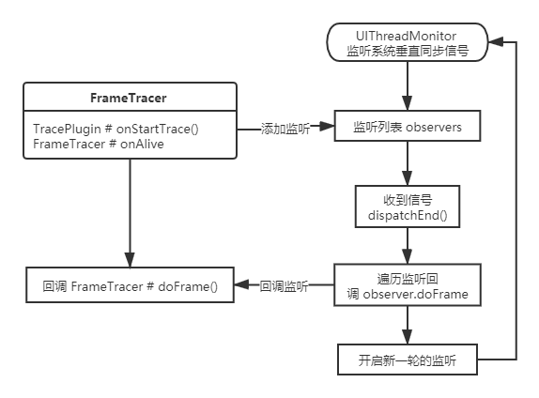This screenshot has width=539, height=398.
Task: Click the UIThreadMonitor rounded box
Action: pos(408,42)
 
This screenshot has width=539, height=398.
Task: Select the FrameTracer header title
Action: pos(130,97)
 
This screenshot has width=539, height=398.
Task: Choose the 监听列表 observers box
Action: pos(408,127)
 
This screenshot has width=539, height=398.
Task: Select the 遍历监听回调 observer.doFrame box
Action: pos(408,286)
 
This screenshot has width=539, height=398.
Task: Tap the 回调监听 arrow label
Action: pos(285,286)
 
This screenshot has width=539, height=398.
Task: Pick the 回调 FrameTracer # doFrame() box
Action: pos(130,286)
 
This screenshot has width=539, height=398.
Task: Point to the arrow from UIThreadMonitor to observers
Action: pos(408,87)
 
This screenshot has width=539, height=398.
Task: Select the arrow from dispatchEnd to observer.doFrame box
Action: pos(408,248)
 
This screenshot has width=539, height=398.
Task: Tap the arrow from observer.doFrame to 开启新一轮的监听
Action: pos(408,326)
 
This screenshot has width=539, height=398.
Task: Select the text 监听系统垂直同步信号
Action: pos(408,50)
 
